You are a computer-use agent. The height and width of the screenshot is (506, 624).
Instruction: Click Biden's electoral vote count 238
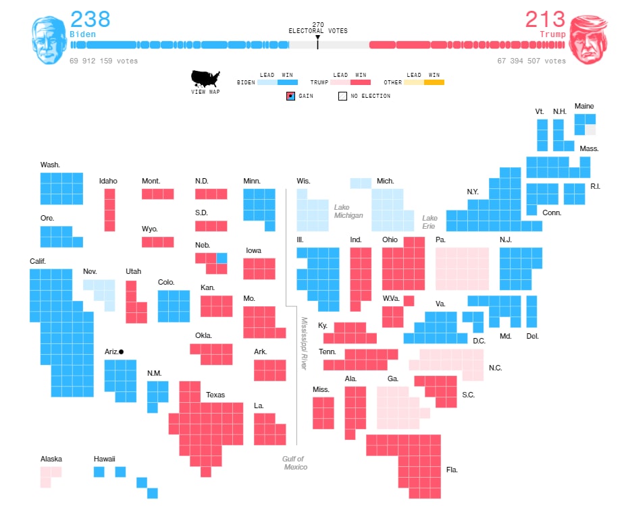pyautogui.click(x=90, y=18)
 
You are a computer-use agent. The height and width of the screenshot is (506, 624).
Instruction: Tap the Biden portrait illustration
pyautogui.click(x=49, y=40)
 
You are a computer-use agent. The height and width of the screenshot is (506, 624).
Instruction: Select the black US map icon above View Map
pyautogui.click(x=205, y=78)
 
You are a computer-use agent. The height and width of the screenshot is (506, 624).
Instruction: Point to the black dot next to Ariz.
pyautogui.click(x=122, y=352)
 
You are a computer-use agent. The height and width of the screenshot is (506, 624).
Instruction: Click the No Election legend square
pyautogui.click(x=342, y=96)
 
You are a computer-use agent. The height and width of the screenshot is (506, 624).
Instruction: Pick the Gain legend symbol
pyautogui.click(x=290, y=96)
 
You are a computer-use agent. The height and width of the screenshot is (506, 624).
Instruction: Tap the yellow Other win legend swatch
pyautogui.click(x=434, y=82)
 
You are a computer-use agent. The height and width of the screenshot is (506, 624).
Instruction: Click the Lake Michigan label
pyautogui.click(x=348, y=211)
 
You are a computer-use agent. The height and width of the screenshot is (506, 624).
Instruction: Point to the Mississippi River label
pyautogui.click(x=304, y=343)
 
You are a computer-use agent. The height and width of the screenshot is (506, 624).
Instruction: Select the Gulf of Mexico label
pyautogui.click(x=295, y=463)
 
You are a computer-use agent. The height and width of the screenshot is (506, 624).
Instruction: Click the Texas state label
pyautogui.click(x=215, y=395)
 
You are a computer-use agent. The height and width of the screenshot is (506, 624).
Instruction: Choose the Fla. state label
pyautogui.click(x=452, y=470)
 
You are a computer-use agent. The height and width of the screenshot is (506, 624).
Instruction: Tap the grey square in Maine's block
pyautogui.click(x=591, y=130)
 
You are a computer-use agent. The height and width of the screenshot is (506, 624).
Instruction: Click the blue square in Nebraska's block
pyautogui.click(x=222, y=258)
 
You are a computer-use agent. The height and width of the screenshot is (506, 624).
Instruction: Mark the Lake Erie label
pyautogui.click(x=430, y=222)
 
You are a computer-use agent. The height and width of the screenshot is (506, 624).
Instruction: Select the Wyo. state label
pyautogui.click(x=149, y=229)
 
